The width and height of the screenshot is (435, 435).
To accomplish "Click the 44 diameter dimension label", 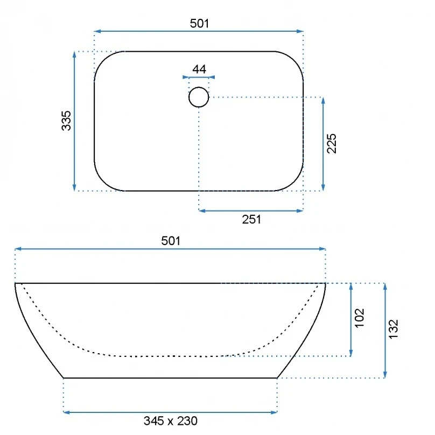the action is [199, 69].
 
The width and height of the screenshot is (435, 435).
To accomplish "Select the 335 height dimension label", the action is [66, 121].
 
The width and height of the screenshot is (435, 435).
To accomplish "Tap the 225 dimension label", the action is [332, 143].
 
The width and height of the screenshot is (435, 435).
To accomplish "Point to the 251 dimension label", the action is [251, 220].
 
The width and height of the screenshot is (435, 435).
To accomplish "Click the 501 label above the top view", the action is [199, 23].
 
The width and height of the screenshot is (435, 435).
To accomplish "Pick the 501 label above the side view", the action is [171, 241].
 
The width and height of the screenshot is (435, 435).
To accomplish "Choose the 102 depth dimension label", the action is [359, 318].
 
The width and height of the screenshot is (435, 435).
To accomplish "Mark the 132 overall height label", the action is [393, 329].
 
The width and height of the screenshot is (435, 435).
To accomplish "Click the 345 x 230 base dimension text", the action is [170, 421].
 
